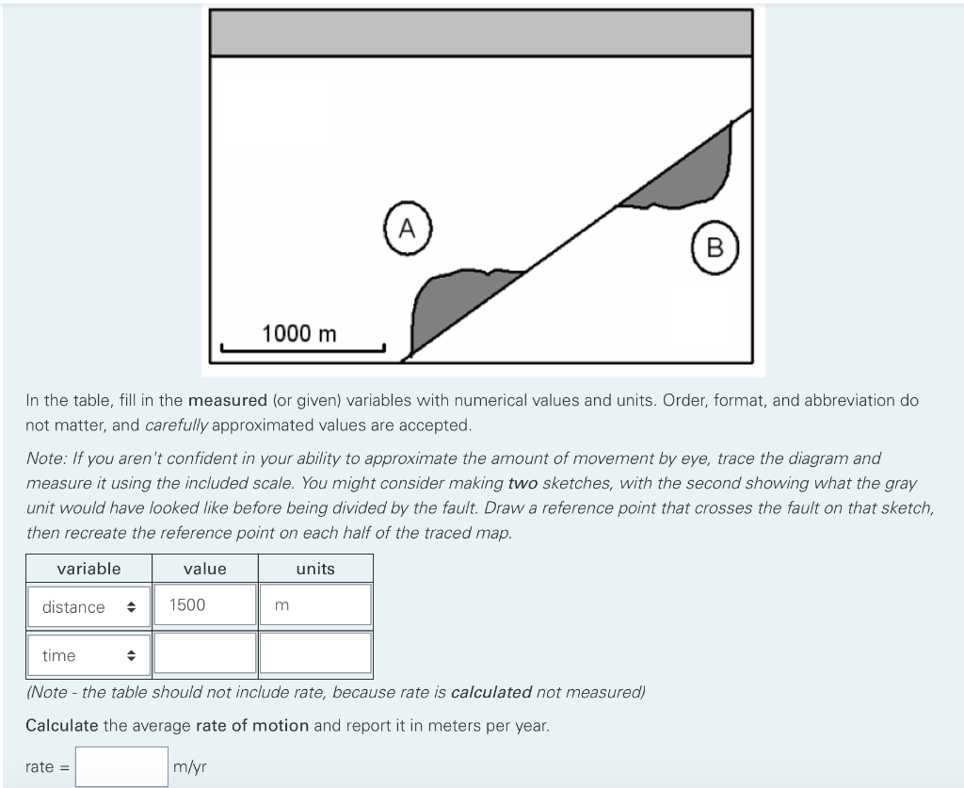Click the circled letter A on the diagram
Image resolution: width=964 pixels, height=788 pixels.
pos(407,228)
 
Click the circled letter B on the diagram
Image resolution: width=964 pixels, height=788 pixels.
pos(715,248)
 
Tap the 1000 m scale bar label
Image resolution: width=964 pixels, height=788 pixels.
pos(299,334)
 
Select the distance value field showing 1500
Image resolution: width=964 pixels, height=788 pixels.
pos(205,605)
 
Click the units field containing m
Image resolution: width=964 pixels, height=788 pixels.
pos(315,605)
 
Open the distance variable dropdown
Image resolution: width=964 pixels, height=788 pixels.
pos(88,607)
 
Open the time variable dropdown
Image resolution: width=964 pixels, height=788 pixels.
pos(88,655)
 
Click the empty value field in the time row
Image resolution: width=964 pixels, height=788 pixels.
pos(205,653)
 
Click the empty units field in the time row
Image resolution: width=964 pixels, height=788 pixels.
pos(315,653)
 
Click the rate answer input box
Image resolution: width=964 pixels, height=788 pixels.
pos(121,766)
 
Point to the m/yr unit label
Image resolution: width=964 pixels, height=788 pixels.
pos(189,767)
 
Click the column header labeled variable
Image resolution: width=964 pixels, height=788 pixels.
pos(88,569)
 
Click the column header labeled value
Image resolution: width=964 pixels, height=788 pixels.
pos(205,569)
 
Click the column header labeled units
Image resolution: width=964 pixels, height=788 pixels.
pos(315,569)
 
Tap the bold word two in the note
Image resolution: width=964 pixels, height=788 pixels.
pos(523,483)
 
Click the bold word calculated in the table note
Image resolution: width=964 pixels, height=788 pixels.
pos(491,692)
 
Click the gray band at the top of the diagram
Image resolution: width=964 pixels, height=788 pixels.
pos(481,33)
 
